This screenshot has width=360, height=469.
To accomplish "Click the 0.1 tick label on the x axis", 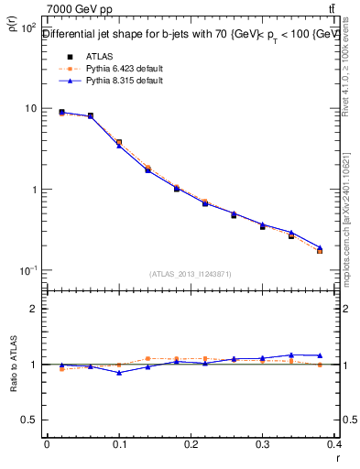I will coord(119,444).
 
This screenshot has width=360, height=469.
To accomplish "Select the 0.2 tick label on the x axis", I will coord(191,444).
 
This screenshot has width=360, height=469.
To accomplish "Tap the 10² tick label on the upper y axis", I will coord(27,28).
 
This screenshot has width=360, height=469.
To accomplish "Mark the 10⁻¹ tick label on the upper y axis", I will coord(27,271).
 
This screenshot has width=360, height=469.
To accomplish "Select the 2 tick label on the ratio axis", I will coord(36,309).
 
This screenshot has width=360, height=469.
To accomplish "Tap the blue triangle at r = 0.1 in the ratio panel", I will coord(119,373).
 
